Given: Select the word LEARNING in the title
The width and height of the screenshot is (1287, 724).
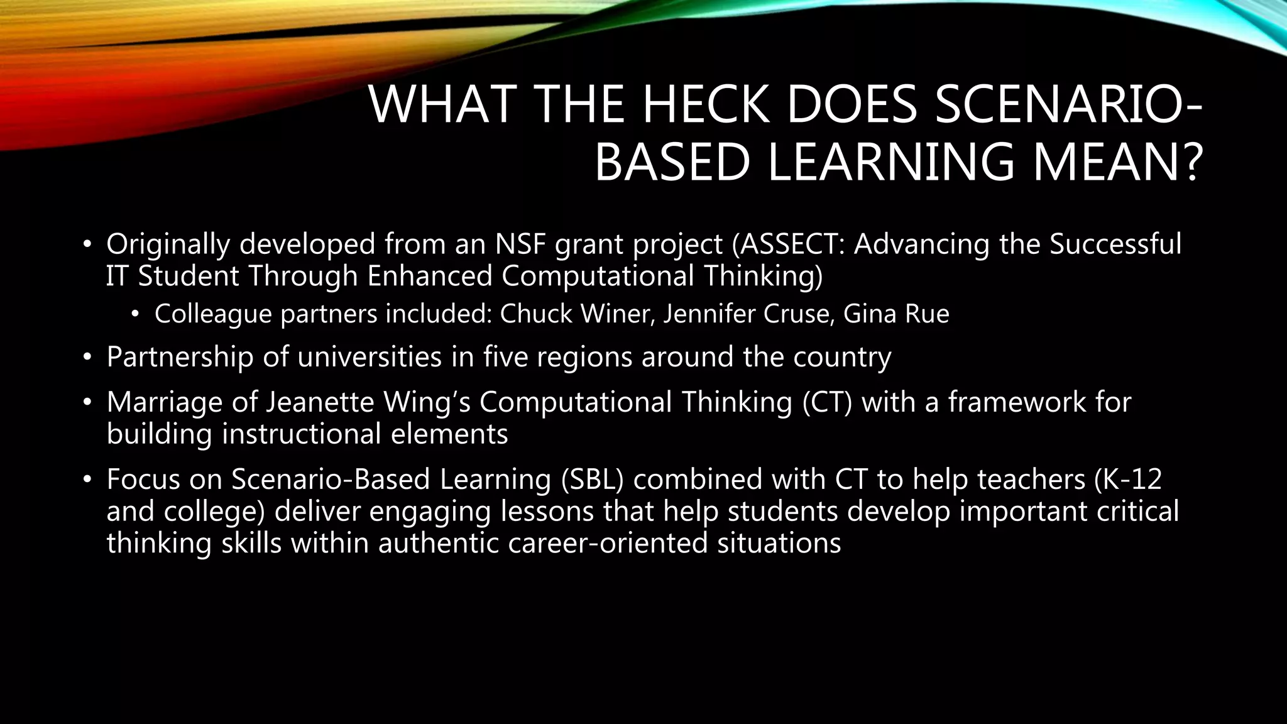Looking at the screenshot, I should coord(890,162).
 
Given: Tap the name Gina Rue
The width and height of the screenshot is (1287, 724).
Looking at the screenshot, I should coord(895,314).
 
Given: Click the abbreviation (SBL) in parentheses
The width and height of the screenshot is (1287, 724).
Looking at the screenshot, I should coord(593,479).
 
